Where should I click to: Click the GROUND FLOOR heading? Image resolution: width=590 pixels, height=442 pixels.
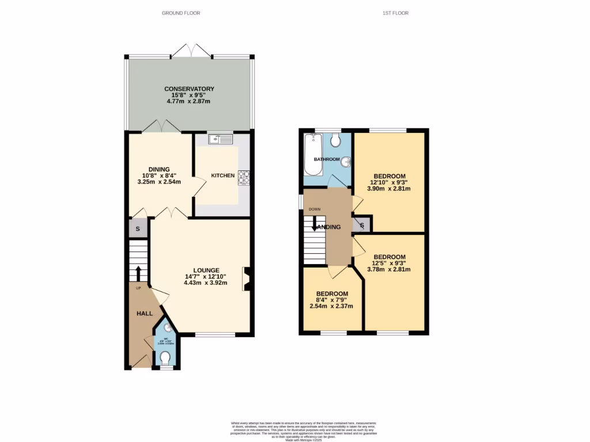tap(181, 13)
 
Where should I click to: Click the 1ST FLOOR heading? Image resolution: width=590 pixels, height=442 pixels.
tap(395, 13)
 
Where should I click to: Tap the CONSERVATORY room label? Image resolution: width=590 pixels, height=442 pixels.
tap(189, 89)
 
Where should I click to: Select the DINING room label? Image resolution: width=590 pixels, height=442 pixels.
tap(158, 169)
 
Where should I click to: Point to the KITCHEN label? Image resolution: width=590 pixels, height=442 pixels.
tap(222, 176)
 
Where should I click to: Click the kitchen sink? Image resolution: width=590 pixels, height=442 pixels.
tap(221, 139)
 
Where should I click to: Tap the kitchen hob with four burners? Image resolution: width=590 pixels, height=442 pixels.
tap(243, 177)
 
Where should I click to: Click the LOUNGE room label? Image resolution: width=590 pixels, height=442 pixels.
tap(206, 270)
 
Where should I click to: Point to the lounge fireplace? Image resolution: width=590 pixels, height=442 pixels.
tap(247, 279)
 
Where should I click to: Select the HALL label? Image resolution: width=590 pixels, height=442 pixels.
tap(144, 314)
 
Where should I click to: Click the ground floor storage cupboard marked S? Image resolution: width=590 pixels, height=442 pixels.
tap(137, 228)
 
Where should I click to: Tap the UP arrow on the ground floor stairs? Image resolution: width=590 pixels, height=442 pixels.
tap(138, 273)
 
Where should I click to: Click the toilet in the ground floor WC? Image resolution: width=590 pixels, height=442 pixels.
tap(166, 358)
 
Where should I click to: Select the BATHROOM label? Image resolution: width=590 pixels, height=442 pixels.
tap(327, 159)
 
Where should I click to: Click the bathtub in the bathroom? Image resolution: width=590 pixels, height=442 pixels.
tap(315, 154)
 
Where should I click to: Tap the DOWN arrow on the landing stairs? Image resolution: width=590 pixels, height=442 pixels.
tap(315, 223)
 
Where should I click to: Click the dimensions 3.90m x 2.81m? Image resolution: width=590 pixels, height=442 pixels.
tap(389, 189)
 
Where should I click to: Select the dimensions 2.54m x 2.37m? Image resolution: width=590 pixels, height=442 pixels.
tap(331, 306)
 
